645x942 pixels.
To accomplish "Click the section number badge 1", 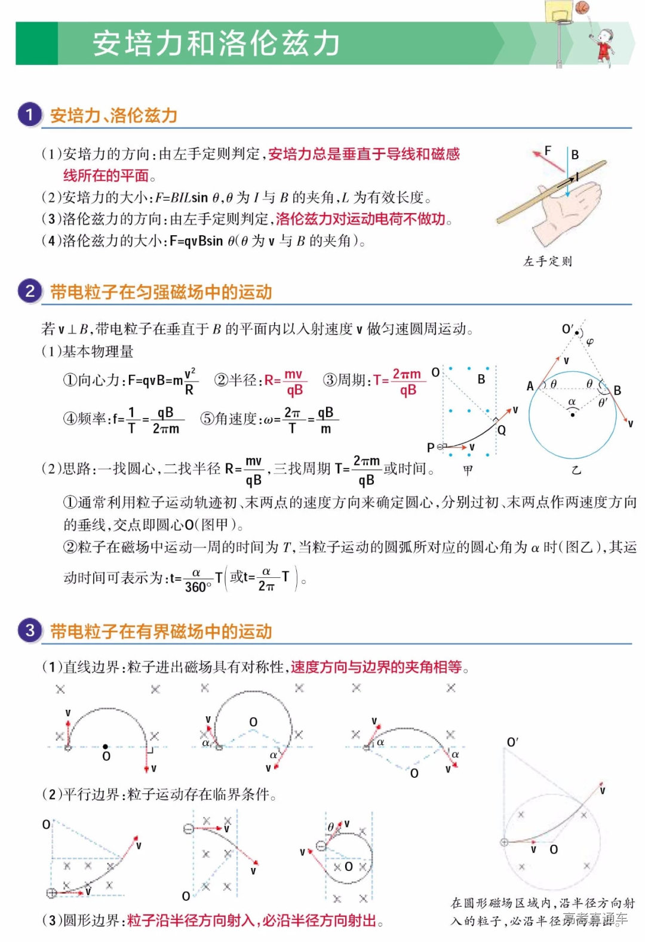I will point(29,115).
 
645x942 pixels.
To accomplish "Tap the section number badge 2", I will point(29,291).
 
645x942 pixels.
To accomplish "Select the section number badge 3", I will point(29,630).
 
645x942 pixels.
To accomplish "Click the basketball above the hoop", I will point(582,7).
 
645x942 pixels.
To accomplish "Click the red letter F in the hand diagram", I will point(548,150).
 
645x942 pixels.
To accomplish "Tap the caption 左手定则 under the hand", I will point(548,261).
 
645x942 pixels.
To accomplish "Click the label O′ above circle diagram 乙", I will point(568,329).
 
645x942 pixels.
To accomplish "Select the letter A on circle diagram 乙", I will point(530,386).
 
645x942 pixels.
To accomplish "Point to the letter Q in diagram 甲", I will point(502,430).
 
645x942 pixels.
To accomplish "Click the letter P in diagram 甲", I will point(431,447).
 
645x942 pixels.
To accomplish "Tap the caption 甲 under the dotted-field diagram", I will point(468,470).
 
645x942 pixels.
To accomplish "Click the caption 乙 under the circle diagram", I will point(576,470).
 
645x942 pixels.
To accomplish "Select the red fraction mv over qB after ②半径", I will point(294,382).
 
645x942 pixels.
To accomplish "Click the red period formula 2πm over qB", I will point(407,382).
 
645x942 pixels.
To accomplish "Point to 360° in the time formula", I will point(198,587).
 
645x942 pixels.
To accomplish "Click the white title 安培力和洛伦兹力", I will point(216,43).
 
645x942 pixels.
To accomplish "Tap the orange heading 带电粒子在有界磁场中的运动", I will point(161,632).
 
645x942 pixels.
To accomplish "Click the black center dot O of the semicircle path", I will point(106,746).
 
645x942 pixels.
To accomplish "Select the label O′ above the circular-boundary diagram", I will point(512,742).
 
